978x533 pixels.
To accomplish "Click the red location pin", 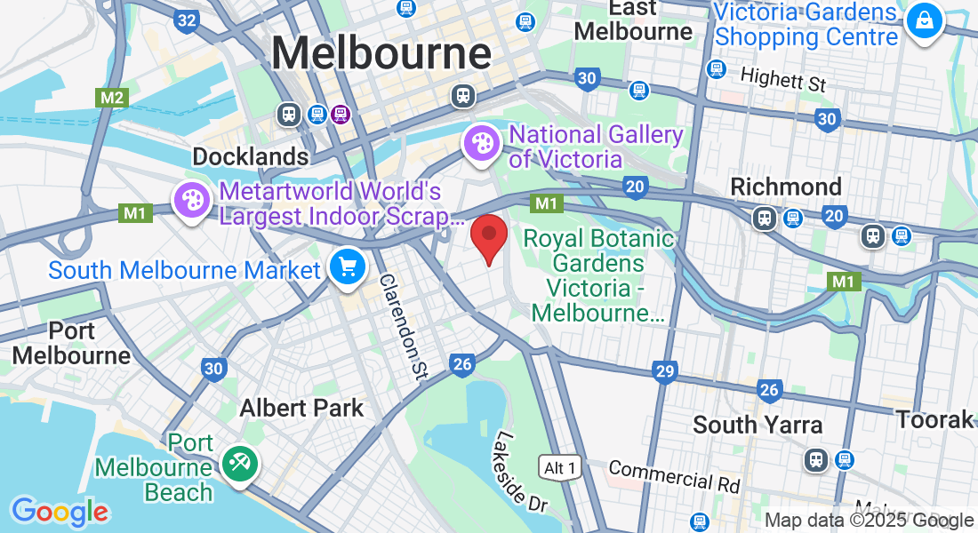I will tap(488, 236).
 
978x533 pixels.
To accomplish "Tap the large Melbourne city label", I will tap(381, 53).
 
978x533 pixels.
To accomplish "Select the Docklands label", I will tap(251, 157).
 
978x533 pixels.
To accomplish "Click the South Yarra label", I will tap(758, 425).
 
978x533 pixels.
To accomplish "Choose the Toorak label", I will tap(934, 419).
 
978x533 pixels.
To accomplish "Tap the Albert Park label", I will tap(302, 408).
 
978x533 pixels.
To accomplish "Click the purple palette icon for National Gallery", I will tap(481, 143).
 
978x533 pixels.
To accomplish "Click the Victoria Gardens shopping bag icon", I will tap(925, 20).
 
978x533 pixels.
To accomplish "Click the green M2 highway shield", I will tap(113, 98).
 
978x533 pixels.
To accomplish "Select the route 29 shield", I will tap(665, 371).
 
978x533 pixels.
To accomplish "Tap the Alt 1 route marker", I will tap(561, 466).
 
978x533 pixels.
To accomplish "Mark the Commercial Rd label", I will tap(674, 475).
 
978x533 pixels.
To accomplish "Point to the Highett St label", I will tap(783, 81).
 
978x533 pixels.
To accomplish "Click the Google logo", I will tap(60, 512).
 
